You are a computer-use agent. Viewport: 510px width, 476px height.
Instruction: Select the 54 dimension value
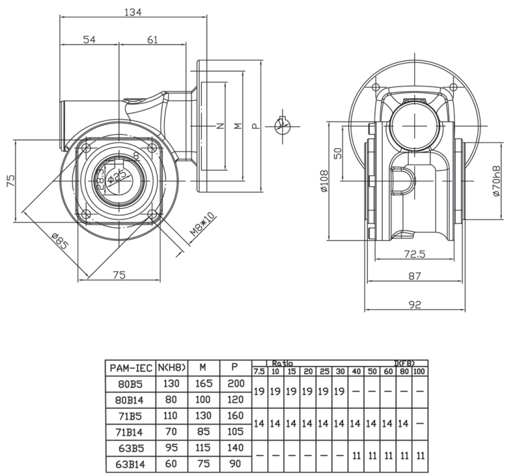(89, 40)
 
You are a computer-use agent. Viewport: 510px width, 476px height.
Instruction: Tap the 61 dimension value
(152, 40)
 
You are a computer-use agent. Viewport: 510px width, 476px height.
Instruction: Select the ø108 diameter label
(324, 181)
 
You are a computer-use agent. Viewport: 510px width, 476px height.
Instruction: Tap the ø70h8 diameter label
(496, 181)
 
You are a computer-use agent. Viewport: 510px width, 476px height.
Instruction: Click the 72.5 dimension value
(413, 254)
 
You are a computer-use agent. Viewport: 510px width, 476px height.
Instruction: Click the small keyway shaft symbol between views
(281, 126)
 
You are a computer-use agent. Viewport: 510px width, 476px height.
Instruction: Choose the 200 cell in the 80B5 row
(235, 384)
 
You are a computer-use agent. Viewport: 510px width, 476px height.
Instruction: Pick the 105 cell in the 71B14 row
(235, 432)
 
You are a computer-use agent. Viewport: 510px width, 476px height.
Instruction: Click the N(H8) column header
(172, 368)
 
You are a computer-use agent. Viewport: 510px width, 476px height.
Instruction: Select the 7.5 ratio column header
(259, 371)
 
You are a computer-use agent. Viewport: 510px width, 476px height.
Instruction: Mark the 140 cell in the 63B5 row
(235, 448)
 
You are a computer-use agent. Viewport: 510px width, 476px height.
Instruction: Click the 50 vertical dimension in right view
(338, 152)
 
